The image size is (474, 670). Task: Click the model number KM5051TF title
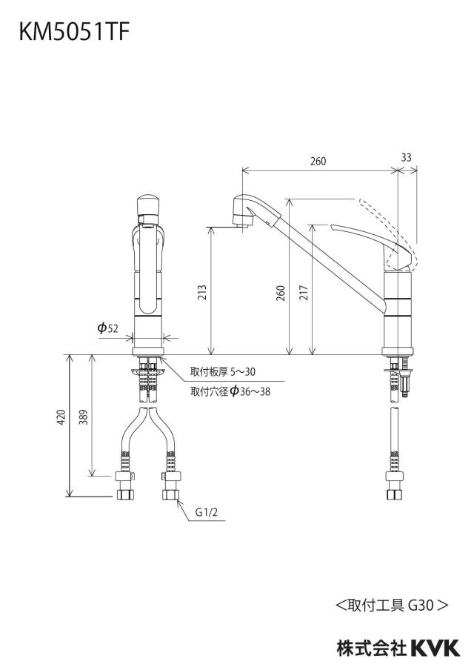[x=73, y=33]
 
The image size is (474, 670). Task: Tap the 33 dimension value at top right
[x=406, y=157]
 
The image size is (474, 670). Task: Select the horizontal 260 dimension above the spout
[x=318, y=161]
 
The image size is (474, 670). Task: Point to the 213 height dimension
[x=202, y=292]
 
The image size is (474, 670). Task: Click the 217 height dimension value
[x=304, y=292]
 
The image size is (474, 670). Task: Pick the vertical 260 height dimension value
[x=281, y=293]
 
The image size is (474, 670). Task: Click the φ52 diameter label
[x=107, y=328]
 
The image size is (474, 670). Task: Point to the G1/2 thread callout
[x=206, y=512]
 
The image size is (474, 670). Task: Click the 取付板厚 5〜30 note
[x=223, y=372]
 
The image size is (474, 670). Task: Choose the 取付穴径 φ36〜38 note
[x=230, y=391]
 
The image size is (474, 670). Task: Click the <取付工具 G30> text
[x=392, y=605]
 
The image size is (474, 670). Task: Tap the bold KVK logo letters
[x=435, y=649]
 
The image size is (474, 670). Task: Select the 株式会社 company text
[x=372, y=649]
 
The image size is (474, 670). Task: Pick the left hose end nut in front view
[x=125, y=494]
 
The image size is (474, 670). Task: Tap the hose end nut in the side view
[x=395, y=494]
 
